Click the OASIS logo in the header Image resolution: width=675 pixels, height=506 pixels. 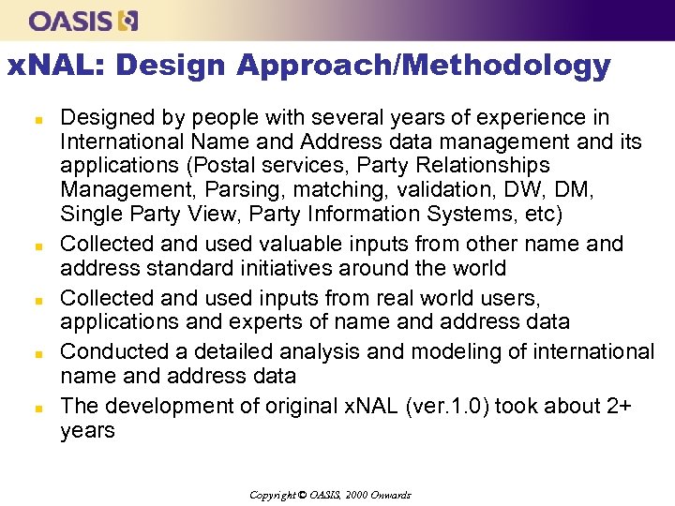tap(83, 20)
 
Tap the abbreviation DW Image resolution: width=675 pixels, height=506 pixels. tap(533, 191)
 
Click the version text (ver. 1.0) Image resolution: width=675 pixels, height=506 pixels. tap(432, 407)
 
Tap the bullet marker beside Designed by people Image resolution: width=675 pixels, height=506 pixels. tap(38, 120)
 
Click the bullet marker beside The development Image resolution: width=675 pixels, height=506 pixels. tap(38, 409)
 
